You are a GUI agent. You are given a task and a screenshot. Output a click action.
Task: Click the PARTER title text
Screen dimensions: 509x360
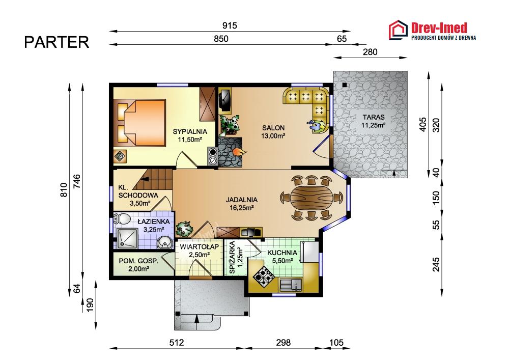[x=56, y=42]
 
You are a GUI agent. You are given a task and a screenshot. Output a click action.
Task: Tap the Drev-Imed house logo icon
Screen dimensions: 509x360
[x=399, y=30]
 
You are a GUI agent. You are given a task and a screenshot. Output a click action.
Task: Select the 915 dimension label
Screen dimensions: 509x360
[x=230, y=25]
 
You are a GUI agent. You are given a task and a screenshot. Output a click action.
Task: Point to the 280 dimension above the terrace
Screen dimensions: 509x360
[x=370, y=52]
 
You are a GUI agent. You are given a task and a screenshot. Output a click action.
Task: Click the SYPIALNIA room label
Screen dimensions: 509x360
[x=190, y=131]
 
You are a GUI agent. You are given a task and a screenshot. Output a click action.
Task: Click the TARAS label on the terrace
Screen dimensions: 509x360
[x=374, y=117]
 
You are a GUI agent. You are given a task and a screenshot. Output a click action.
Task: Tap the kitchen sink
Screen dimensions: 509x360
[x=291, y=284]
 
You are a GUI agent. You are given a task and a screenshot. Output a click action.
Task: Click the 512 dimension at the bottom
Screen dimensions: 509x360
[x=177, y=343]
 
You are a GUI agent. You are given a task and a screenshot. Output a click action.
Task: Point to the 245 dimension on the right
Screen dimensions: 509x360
[x=436, y=264]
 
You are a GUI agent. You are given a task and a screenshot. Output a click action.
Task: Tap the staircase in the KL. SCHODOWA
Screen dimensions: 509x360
[x=153, y=179]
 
